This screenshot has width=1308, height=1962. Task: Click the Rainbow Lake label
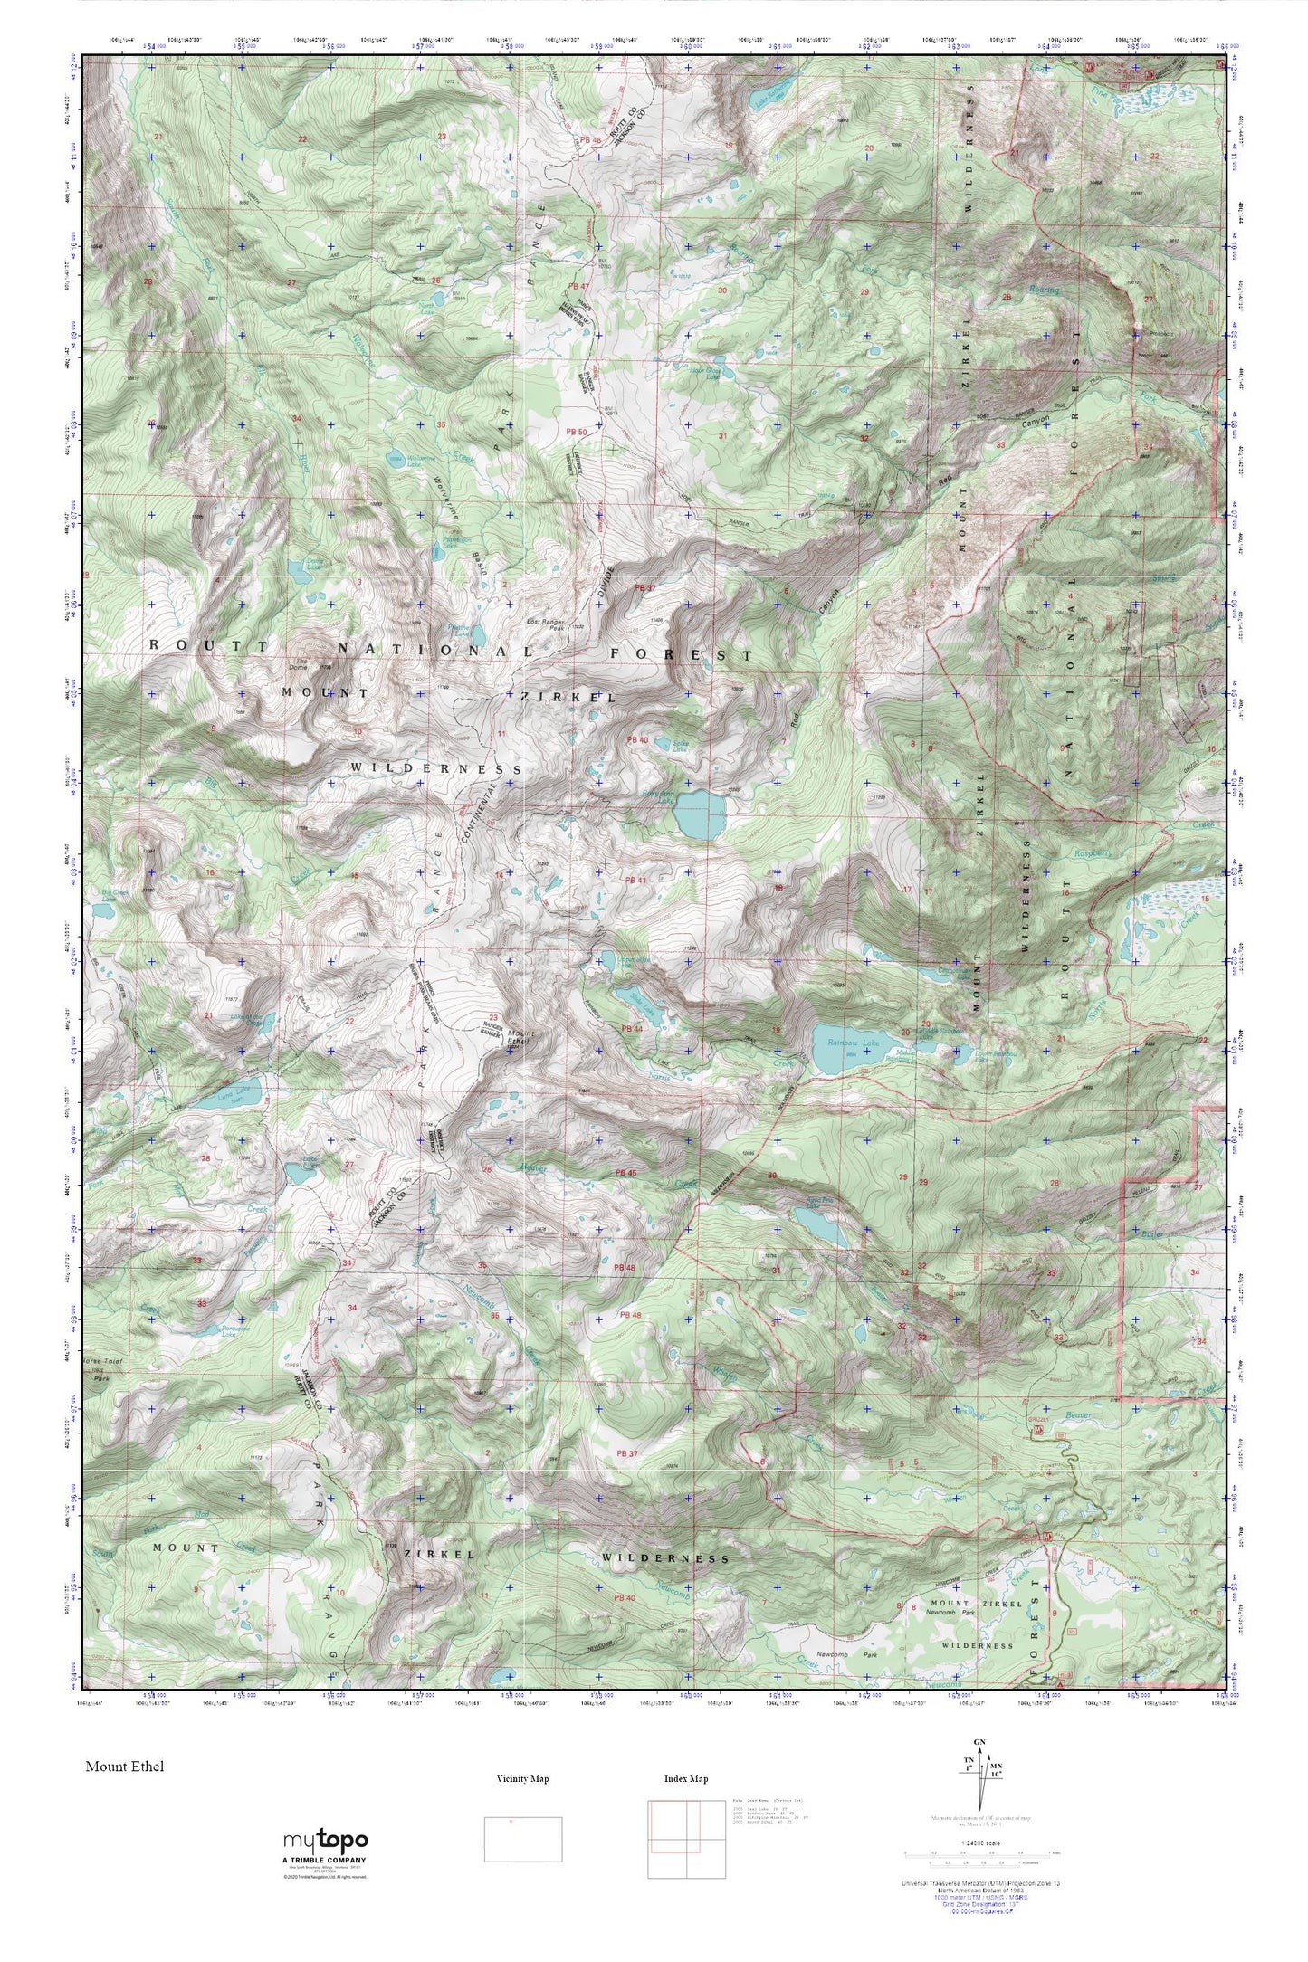[853, 1043]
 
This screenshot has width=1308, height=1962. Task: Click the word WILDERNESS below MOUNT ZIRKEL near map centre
[435, 767]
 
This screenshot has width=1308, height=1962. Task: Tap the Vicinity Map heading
[522, 1778]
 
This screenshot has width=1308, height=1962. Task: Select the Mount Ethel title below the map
[125, 1766]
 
